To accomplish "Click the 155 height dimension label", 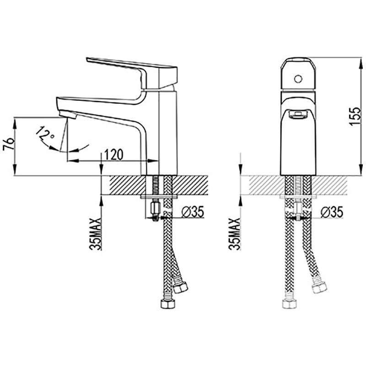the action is [355, 116].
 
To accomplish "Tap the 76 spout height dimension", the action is [9, 144].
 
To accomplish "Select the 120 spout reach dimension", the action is [113, 154].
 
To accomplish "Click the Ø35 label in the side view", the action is [193, 212].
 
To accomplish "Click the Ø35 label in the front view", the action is [332, 212].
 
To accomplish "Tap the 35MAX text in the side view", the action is [96, 234].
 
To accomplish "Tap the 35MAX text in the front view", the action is [235, 234].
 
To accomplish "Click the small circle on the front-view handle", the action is [298, 79].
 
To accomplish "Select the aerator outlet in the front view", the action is [298, 114].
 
